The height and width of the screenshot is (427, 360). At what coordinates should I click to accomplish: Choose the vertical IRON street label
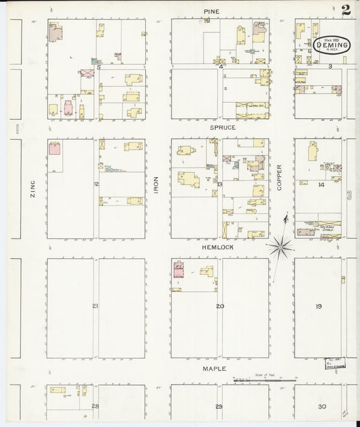tap(156, 186)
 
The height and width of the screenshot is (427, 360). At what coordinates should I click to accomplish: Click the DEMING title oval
tap(331, 45)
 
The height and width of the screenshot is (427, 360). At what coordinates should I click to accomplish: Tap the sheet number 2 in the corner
tap(346, 9)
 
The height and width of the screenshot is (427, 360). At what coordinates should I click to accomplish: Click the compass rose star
tap(280, 247)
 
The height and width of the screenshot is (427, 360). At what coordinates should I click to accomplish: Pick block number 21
tap(95, 306)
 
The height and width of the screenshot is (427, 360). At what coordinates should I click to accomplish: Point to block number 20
tap(220, 306)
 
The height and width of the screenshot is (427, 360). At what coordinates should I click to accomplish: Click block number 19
tap(318, 306)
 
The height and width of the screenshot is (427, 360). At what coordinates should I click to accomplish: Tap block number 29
tap(219, 406)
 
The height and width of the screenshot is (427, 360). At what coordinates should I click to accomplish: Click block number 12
tap(97, 184)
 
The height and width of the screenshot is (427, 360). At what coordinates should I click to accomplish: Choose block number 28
tap(95, 406)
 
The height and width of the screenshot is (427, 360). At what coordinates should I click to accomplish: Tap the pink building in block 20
tap(178, 270)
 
